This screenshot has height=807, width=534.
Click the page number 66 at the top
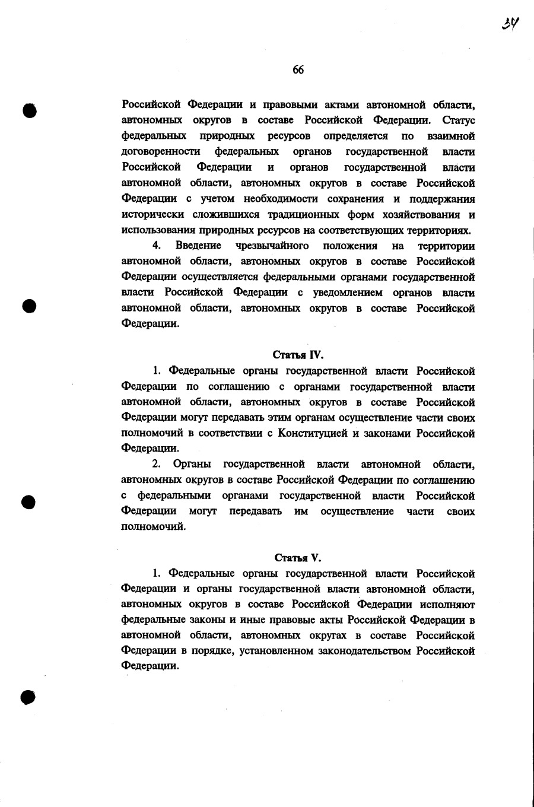coord(298,70)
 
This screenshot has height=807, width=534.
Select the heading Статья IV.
coord(298,355)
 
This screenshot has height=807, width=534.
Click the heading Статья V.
coord(298,558)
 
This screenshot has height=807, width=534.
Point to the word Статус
coord(459,120)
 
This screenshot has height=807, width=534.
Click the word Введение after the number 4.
coord(198,246)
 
